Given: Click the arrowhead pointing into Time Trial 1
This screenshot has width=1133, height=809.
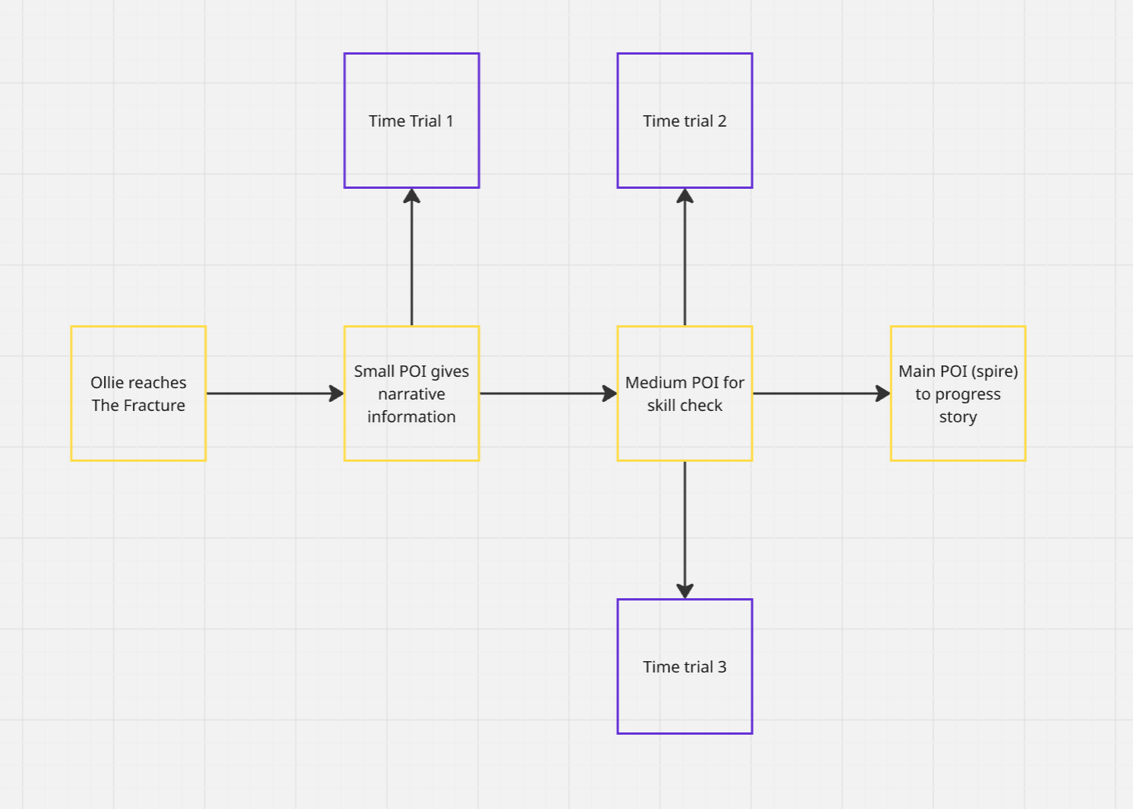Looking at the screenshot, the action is (412, 196).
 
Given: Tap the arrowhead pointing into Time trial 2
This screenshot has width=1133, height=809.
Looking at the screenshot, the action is (685, 196).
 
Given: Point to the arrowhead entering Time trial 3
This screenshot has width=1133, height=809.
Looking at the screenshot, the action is (685, 591).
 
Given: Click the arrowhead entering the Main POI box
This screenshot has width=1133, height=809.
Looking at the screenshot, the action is (883, 394).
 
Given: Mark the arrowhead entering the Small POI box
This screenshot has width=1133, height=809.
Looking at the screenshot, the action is (336, 394).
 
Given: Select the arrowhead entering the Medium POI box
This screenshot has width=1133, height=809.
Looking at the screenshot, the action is (609, 394).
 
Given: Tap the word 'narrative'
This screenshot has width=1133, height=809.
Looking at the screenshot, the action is (412, 394).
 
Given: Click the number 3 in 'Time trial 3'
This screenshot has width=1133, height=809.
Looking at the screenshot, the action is (722, 667).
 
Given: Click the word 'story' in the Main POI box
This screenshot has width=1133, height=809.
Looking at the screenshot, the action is (958, 417).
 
